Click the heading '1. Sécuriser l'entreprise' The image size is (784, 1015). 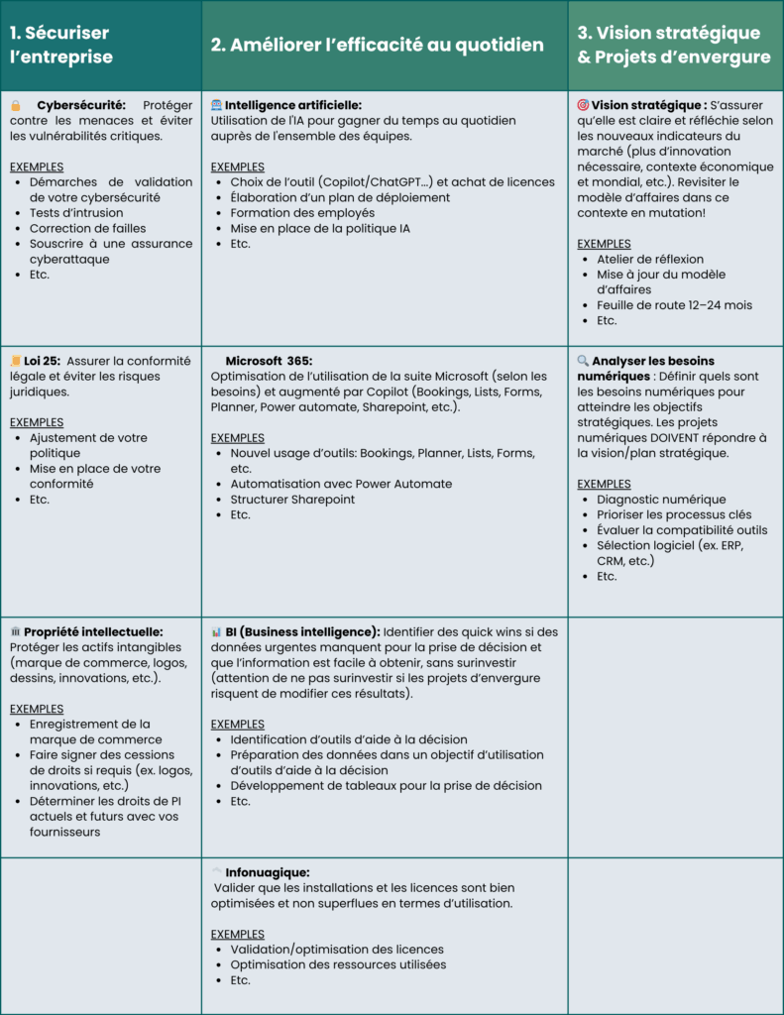coord(61,45)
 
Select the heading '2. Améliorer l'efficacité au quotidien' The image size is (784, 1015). coord(378,45)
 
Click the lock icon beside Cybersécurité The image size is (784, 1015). coord(16,105)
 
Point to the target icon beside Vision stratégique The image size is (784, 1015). coord(583,104)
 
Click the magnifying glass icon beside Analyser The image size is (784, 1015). coord(583,361)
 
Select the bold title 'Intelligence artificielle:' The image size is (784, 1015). coord(293,105)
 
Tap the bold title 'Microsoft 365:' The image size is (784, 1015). coord(269,361)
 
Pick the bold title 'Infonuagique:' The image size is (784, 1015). coord(268,872)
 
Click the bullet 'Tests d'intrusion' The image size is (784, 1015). coord(76,212)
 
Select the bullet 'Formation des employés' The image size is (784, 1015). coord(302,212)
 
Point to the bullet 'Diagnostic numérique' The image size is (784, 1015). coord(661,500)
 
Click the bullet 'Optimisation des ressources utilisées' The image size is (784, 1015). coord(338,964)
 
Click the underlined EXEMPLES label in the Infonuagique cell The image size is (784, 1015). coord(237,934)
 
